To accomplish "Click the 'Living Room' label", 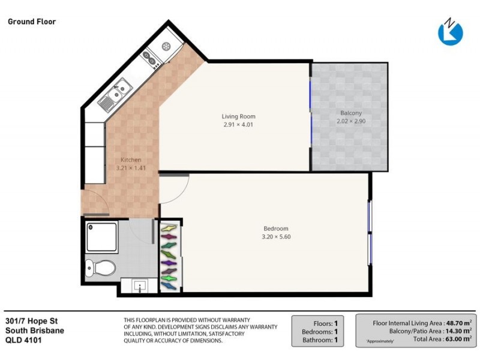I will click(x=239, y=116).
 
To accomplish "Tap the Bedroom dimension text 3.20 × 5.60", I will click(x=276, y=236).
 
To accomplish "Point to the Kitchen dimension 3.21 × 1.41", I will click(x=131, y=168).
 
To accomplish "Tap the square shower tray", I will click(x=102, y=236).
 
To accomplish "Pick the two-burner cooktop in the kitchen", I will click(x=149, y=58).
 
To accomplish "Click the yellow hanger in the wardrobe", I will click(x=170, y=229).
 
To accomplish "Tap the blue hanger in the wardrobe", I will click(x=170, y=262).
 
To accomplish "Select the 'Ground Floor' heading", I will click(x=32, y=22).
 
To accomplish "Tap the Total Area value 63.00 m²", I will click(x=457, y=339).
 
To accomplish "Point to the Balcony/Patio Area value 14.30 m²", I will click(x=457, y=330).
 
